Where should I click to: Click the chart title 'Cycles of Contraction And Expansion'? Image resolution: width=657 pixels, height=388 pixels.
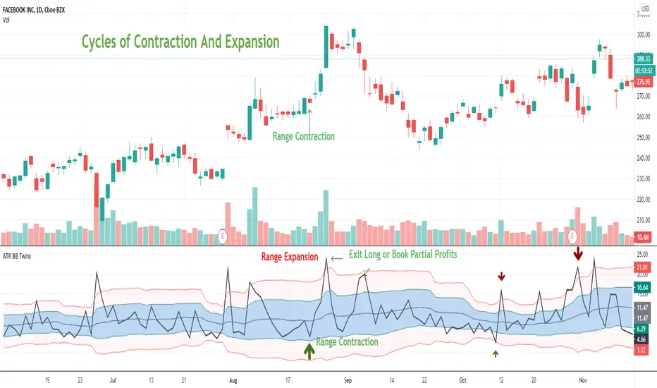click(x=181, y=42)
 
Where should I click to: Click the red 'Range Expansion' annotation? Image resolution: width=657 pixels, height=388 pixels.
click(x=290, y=257)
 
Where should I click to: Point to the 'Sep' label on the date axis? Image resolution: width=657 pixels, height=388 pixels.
click(x=348, y=380)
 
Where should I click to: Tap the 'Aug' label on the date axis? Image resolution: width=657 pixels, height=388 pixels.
click(x=233, y=380)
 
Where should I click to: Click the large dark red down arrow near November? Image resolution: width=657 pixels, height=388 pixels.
click(x=578, y=253)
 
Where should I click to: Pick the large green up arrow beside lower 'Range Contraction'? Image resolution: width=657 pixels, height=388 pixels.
click(x=309, y=351)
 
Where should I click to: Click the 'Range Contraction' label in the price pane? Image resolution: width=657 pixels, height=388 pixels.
click(x=303, y=136)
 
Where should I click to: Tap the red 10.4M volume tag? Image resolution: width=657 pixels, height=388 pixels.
click(x=644, y=236)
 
